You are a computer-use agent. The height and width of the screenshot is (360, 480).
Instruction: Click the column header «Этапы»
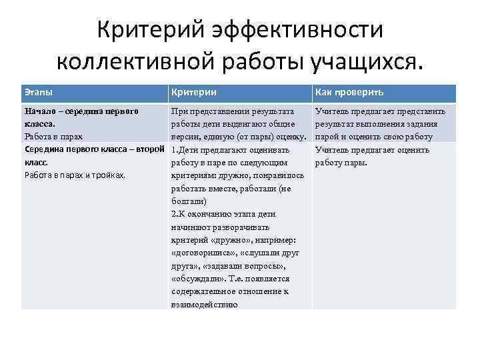(x=39, y=92)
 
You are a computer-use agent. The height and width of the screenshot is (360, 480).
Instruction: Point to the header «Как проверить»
(x=349, y=92)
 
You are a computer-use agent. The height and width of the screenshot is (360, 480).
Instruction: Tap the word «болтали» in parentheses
(x=188, y=201)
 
